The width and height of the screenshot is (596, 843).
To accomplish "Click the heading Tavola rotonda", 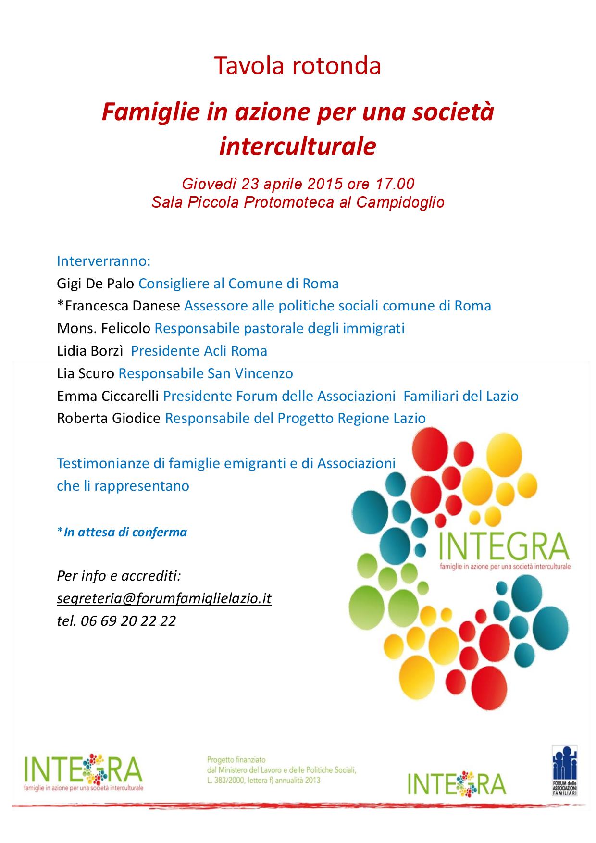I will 298,66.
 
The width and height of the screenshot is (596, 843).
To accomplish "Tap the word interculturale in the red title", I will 298,147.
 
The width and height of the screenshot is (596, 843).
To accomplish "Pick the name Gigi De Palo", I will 95,284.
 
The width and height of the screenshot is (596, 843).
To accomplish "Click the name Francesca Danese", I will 123,306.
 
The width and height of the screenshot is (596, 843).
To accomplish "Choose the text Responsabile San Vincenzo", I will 206,373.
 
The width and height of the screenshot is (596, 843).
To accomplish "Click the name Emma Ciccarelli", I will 108,396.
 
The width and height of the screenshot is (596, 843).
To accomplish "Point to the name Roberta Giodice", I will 109,418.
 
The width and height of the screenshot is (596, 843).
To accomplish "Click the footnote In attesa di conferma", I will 125,532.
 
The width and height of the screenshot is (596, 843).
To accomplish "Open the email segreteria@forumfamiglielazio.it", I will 164,598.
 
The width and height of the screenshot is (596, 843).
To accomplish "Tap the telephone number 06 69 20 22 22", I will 128,621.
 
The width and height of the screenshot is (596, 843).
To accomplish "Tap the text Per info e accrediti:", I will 119,575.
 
